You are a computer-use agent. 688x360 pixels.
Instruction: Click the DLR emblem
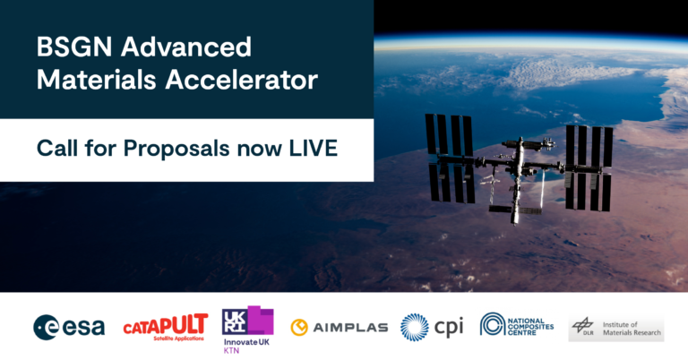[x=583, y=328]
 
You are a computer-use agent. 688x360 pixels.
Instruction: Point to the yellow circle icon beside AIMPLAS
[x=299, y=328]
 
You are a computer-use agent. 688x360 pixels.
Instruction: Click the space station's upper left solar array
[x=449, y=134]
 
